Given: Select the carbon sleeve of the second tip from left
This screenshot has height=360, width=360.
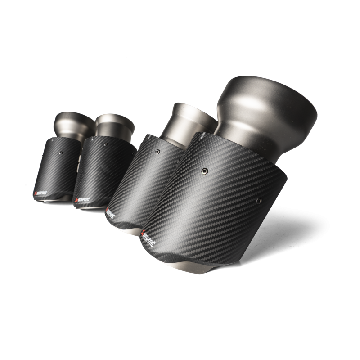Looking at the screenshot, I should tap(97, 173).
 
